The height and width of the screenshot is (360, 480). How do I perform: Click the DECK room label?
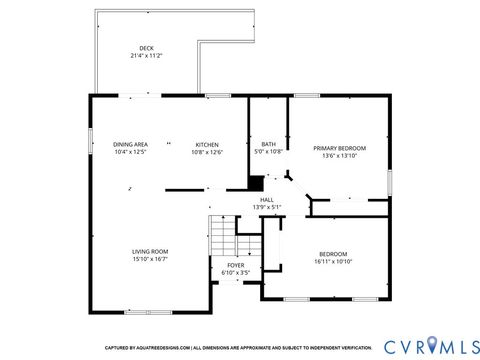[x=147, y=48]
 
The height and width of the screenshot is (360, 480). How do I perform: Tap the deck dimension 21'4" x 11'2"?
[x=147, y=56]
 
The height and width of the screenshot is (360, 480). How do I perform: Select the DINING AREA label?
[x=130, y=145]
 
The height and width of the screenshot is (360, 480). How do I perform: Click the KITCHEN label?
[x=207, y=145]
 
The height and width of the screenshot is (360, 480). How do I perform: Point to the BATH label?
[x=268, y=145]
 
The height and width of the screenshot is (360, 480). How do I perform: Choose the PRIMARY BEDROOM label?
[x=339, y=148]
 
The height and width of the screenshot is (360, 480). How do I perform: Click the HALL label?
[x=267, y=200]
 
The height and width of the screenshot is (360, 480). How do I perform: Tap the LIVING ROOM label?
[x=150, y=251]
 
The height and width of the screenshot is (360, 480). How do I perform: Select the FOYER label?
[x=235, y=265]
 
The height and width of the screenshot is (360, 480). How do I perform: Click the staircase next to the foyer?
[x=222, y=239]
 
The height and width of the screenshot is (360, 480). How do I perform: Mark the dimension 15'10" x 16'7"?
[x=150, y=259]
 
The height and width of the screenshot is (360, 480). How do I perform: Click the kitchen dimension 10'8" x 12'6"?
[x=207, y=153]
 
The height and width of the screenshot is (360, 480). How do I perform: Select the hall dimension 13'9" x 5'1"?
[x=267, y=208]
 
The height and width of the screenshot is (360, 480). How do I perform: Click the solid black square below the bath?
[x=256, y=182]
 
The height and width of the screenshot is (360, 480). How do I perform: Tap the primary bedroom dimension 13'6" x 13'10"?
[x=339, y=156]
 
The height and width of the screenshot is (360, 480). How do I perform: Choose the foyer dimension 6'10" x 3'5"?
[x=235, y=273]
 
